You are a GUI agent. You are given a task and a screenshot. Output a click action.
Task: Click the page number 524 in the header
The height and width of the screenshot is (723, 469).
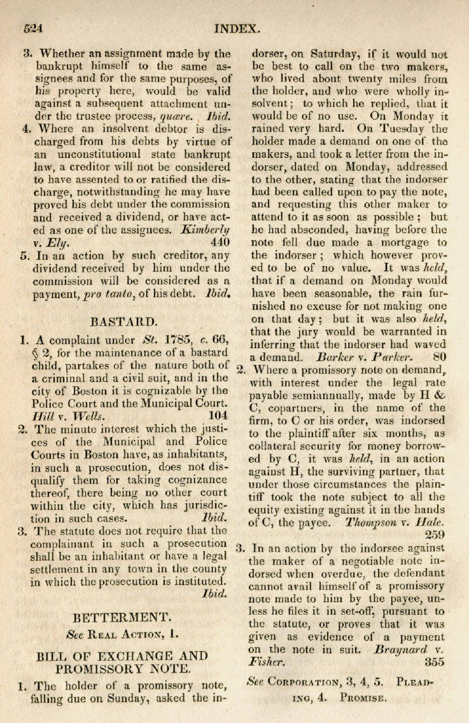click(x=32, y=29)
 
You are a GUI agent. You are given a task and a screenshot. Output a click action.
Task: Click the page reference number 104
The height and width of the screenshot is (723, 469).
click(x=217, y=415)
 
